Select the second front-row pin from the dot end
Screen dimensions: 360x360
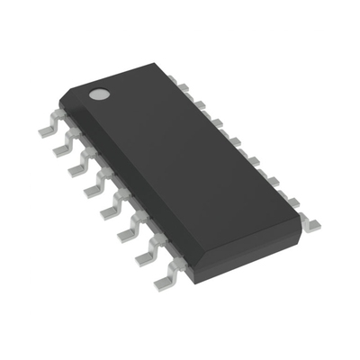pyautogui.click(x=62, y=146)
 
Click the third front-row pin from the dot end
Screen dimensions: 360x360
pyautogui.click(x=77, y=166)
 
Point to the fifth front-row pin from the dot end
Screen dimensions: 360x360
pyautogui.click(x=110, y=209)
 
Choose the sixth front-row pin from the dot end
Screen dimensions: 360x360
pyautogui.click(x=127, y=231)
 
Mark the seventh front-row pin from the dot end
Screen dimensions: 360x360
pyautogui.click(x=144, y=256)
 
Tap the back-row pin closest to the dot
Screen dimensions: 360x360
pyautogui.click(x=184, y=86)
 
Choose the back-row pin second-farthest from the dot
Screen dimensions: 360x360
pyautogui.click(x=291, y=200)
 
